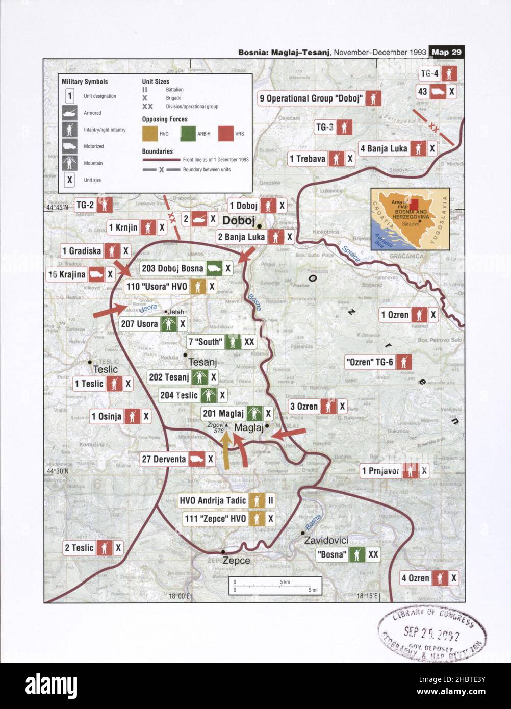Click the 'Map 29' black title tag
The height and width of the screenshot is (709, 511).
(x=447, y=52)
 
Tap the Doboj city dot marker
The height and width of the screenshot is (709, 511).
(x=259, y=226)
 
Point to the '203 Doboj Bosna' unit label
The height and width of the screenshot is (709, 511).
(x=172, y=268)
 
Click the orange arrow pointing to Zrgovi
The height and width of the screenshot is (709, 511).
(x=226, y=449)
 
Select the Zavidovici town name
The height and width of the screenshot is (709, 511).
(x=326, y=540)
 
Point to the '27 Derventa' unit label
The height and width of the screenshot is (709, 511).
(x=164, y=459)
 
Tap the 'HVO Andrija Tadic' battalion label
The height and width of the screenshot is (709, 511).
(x=212, y=500)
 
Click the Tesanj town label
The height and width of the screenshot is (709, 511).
(x=202, y=362)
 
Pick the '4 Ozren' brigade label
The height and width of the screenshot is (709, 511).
(x=415, y=578)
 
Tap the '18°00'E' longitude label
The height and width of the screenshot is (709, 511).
(x=180, y=596)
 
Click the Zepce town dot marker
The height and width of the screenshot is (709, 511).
(x=223, y=552)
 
